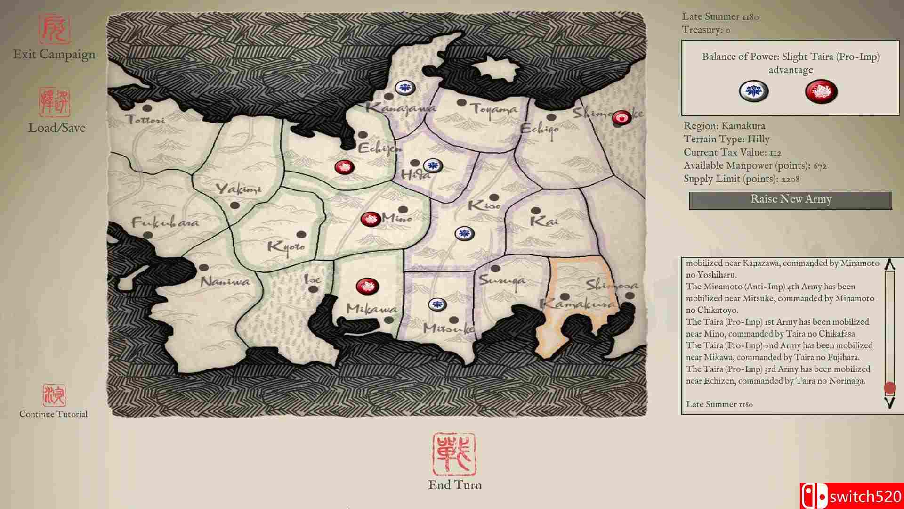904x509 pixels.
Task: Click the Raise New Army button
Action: click(x=791, y=200)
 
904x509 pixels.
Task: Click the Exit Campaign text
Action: click(x=54, y=55)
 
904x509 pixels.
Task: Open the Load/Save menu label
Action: click(x=56, y=128)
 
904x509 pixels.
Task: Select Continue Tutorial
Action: click(x=53, y=414)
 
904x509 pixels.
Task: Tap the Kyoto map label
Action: click(x=286, y=246)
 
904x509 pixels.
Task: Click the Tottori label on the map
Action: click(x=146, y=120)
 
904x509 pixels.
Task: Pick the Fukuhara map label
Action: click(x=165, y=222)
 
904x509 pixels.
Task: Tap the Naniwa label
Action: click(x=225, y=282)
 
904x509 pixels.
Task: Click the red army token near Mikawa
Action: click(x=368, y=286)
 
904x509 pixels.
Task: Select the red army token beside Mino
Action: click(x=371, y=219)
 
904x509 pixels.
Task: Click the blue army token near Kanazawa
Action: click(x=404, y=87)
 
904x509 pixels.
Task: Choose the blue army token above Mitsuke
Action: click(x=437, y=304)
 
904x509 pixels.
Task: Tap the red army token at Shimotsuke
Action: click(x=621, y=118)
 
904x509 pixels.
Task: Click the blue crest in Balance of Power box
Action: click(x=753, y=91)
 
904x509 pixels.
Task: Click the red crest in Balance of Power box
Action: click(x=821, y=91)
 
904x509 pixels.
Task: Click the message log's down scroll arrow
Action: click(x=889, y=403)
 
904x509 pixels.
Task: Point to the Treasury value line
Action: click(x=706, y=30)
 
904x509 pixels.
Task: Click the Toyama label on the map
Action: click(x=494, y=109)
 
